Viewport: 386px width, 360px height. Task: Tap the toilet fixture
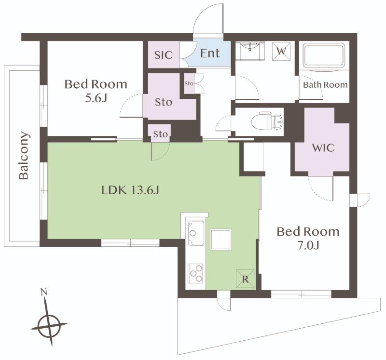266,121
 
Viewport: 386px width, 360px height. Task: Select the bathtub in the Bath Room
323,57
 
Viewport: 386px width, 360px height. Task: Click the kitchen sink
196,232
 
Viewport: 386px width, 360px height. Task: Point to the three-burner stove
196,273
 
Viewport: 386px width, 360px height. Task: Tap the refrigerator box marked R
245,279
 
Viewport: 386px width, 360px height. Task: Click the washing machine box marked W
281,52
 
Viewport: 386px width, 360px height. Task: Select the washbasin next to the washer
249,51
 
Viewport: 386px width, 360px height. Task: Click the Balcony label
24,155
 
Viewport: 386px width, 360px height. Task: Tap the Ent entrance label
210,53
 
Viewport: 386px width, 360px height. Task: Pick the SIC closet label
164,55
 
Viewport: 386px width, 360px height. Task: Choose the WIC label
323,148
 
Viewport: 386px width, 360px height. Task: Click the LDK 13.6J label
130,190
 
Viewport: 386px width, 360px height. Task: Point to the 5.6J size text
96,98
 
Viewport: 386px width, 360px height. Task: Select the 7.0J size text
308,245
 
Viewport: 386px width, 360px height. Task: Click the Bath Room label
325,85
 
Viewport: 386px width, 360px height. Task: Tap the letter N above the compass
44,292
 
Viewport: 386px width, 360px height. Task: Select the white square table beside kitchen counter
221,240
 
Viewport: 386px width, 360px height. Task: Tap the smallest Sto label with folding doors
189,83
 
